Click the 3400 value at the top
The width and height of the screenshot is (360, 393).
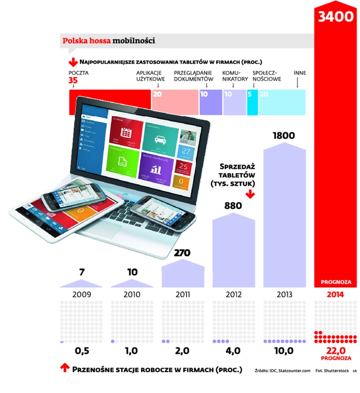(336, 17)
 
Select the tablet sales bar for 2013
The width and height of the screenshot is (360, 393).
(284, 215)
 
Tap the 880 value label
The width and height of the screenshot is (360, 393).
(233, 206)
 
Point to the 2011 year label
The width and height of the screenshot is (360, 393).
(182, 295)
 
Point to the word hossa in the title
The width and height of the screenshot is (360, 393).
(99, 41)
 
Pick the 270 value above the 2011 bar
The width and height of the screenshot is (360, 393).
(182, 253)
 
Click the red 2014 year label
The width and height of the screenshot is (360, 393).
(335, 295)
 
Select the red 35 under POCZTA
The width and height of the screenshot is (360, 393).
(73, 81)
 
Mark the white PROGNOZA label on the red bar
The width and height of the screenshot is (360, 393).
(335, 283)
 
